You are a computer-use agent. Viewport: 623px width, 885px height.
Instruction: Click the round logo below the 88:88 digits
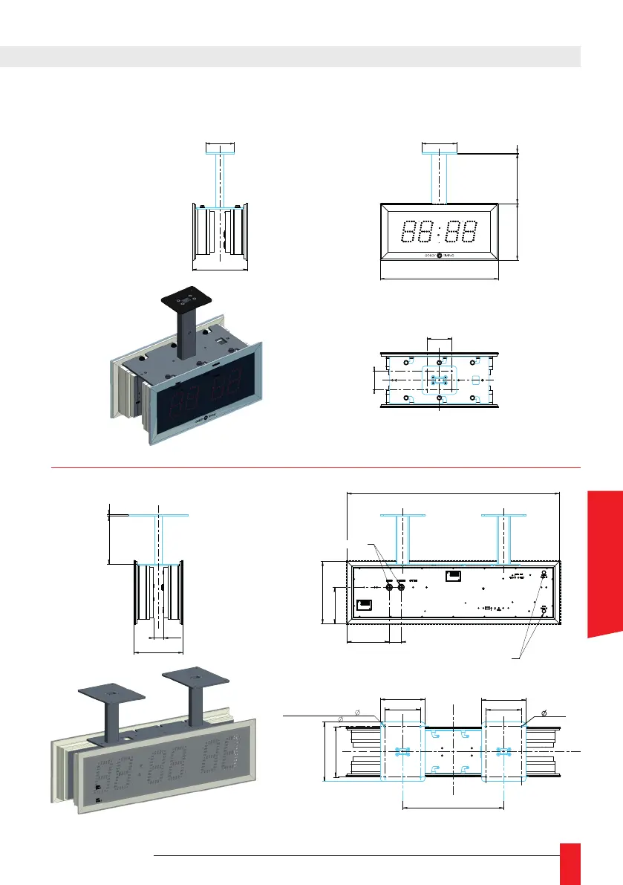coord(439,256)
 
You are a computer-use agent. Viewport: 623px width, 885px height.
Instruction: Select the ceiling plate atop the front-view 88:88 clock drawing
coord(440,149)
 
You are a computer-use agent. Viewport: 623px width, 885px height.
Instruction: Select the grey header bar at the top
coord(290,56)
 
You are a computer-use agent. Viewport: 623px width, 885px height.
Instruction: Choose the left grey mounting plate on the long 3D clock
coord(111,697)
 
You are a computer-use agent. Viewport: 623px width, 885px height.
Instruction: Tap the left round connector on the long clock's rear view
coord(389,587)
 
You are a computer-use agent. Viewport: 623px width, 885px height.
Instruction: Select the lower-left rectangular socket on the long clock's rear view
coord(364,605)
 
